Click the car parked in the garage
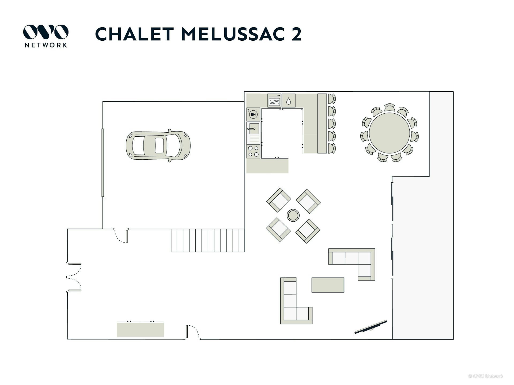[158, 146]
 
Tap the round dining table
[389, 133]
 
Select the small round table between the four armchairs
[293, 215]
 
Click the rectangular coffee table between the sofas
[328, 285]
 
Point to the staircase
[208, 240]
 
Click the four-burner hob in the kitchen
[253, 151]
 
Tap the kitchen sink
[253, 129]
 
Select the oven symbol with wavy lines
[274, 101]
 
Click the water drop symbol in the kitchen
[289, 101]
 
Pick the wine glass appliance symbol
[253, 114]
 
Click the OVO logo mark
[46, 32]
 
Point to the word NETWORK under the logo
[46, 45]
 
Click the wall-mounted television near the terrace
[371, 327]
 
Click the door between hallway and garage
[121, 236]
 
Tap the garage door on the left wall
[103, 163]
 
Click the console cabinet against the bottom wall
[141, 329]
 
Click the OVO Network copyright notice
[486, 376]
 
